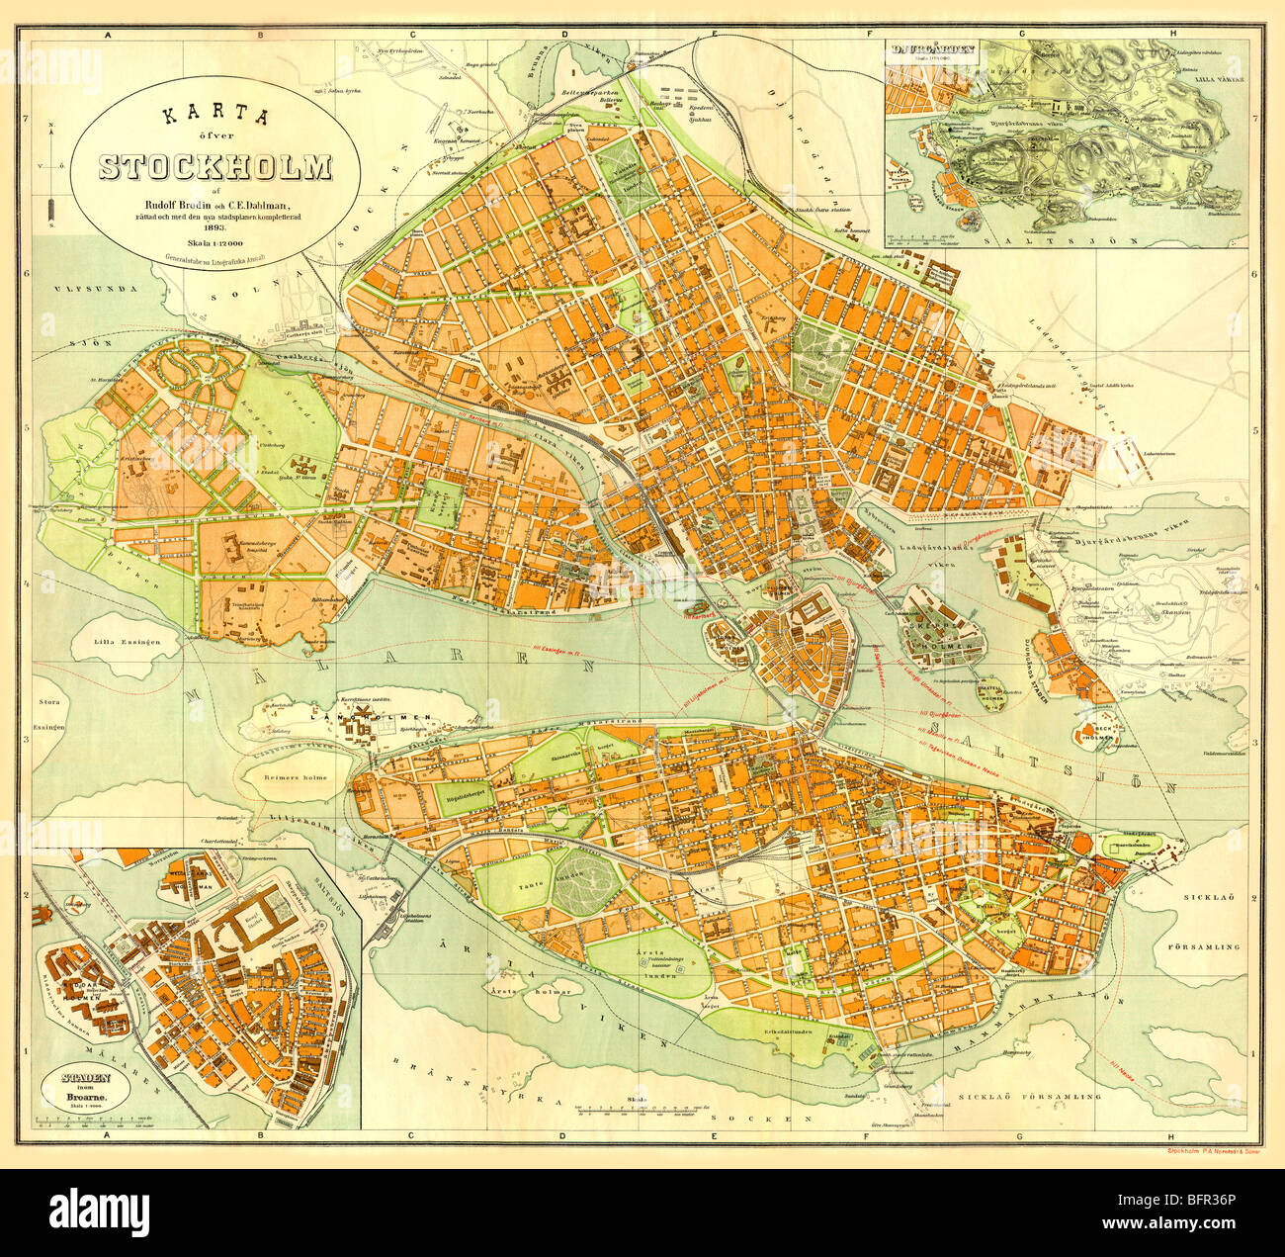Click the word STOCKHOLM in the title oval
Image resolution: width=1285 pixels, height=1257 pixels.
pyautogui.click(x=214, y=168)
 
